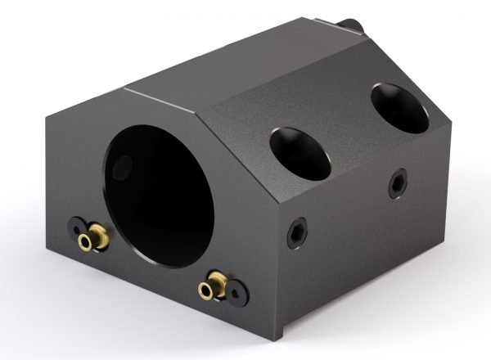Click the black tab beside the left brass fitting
[76, 225]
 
